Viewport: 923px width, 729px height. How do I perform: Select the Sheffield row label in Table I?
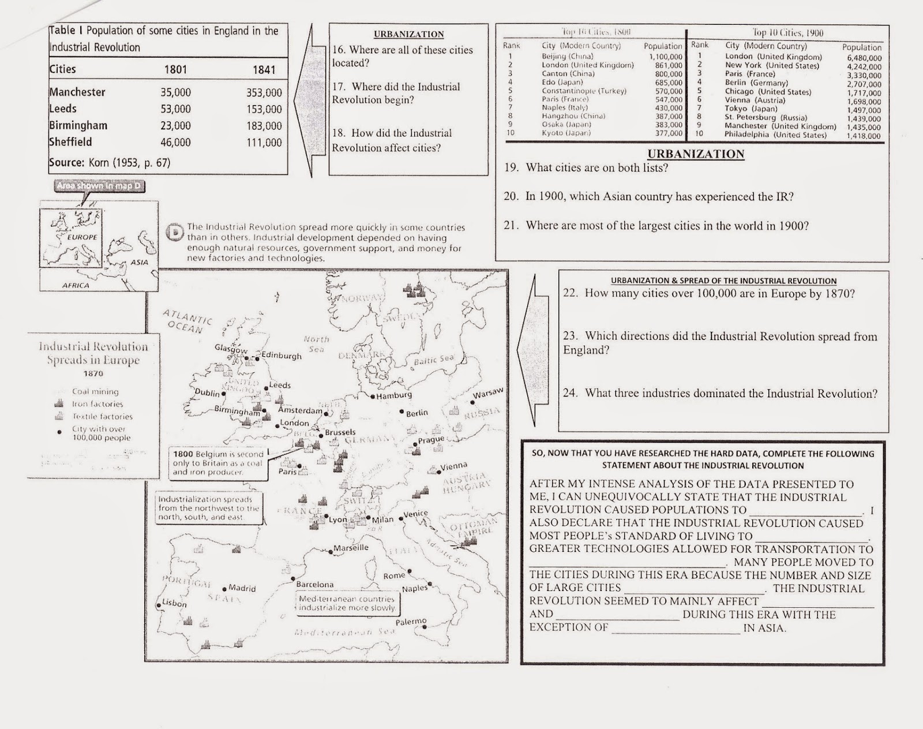coord(70,142)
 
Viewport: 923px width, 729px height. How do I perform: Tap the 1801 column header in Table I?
coord(175,70)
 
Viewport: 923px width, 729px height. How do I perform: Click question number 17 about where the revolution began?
coord(396,93)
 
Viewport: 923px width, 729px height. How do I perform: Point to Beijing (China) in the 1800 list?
coord(567,57)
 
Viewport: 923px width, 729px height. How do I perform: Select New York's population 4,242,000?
coord(864,67)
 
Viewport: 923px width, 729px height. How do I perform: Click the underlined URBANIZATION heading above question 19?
coord(696,154)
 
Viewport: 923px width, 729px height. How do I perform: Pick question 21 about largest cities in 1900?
coord(656,226)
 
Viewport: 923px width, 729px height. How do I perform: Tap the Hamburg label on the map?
coord(394,395)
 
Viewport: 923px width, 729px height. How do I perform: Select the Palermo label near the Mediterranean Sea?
coord(411,622)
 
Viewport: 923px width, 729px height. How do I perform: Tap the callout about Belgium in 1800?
coord(218,463)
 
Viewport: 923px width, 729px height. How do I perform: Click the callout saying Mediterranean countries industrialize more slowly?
coord(347,603)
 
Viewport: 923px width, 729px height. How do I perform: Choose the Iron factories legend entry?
coord(97,404)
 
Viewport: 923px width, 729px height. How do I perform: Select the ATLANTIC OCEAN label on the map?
coord(187,321)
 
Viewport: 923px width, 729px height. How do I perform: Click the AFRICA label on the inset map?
coord(76,285)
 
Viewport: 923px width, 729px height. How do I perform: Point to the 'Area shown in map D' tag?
coord(99,186)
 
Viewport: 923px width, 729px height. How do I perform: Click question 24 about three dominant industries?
coord(720,394)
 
